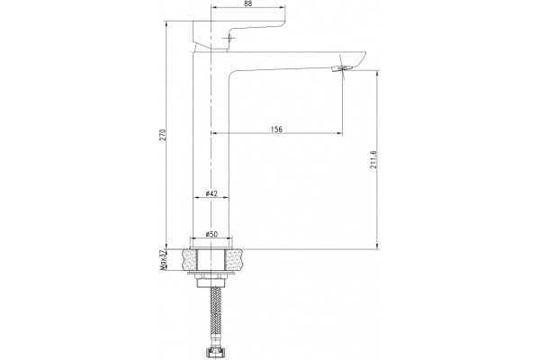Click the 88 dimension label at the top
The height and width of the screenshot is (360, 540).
coord(247,4)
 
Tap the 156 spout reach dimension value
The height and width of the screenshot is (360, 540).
coord(276,130)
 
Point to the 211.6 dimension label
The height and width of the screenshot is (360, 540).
coord(373,159)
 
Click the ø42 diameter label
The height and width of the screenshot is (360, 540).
coord(211,193)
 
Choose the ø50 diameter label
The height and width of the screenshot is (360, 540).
coord(211,234)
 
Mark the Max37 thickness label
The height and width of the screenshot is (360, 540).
coord(163,260)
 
